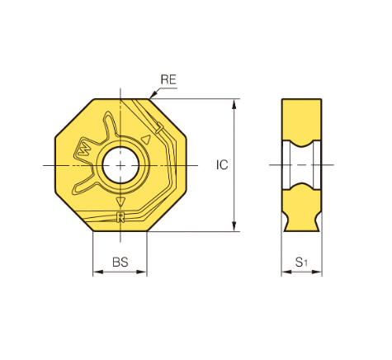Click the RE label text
[168, 79]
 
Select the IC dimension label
[222, 165]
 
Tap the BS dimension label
[120, 262]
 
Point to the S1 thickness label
[301, 263]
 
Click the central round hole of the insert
[120, 165]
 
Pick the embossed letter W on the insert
[84, 150]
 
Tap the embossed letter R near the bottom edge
[120, 217]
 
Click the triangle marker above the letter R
[120, 201]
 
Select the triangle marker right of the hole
[146, 140]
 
